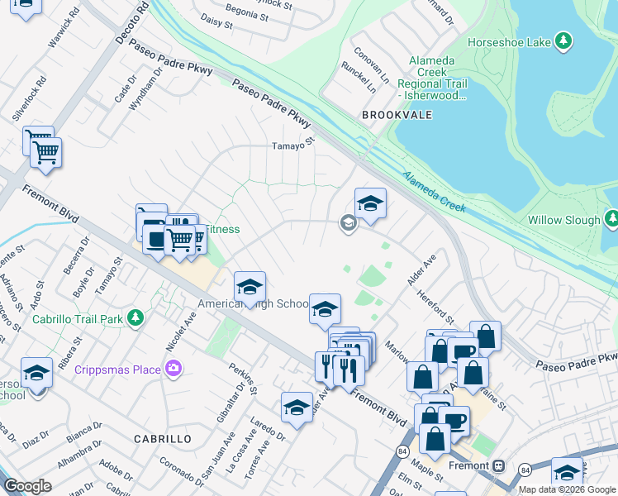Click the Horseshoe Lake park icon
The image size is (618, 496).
click(563, 41)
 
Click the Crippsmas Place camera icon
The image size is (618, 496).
click(174, 369)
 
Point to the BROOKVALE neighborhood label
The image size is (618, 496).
click(397, 116)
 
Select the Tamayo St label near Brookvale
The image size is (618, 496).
click(294, 146)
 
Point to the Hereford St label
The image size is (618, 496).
click(435, 307)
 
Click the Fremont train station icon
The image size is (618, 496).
click(499, 465)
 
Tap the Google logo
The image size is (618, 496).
click(27, 486)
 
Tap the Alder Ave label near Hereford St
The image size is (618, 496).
click(421, 270)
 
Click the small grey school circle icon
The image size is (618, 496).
click(348, 222)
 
